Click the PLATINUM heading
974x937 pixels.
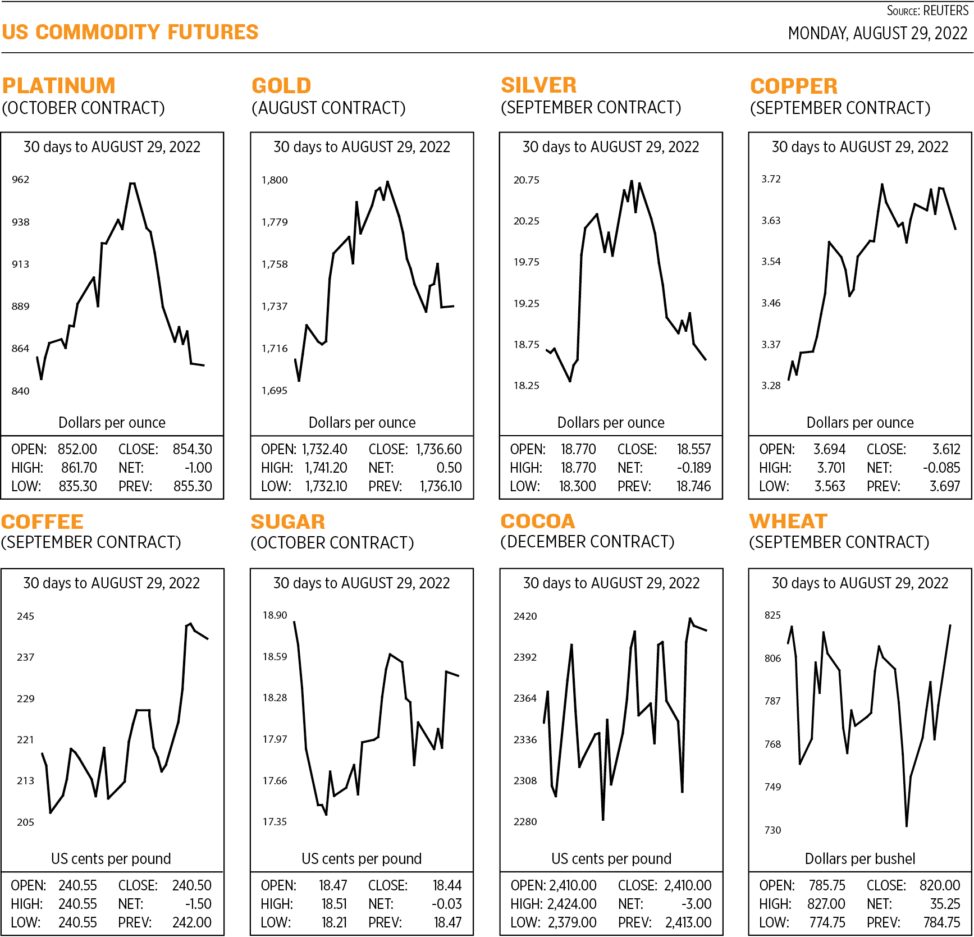click(59, 86)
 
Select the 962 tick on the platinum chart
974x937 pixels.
click(20, 180)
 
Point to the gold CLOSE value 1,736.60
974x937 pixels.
click(438, 449)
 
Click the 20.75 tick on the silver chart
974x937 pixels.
click(526, 180)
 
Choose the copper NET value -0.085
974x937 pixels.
click(941, 468)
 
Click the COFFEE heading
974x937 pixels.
click(42, 522)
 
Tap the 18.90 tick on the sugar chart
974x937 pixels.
click(275, 615)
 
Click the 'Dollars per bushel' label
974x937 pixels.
click(859, 858)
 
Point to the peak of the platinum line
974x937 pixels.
click(132, 184)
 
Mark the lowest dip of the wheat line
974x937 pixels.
click(906, 826)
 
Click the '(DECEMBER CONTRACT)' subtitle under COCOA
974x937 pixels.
click(587, 542)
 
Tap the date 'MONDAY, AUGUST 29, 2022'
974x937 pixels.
click(877, 34)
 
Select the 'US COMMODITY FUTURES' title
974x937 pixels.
click(130, 33)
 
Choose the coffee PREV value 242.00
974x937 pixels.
click(192, 922)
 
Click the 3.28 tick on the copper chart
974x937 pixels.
click(771, 386)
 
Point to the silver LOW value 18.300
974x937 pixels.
click(577, 486)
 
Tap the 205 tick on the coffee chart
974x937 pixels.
click(25, 822)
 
